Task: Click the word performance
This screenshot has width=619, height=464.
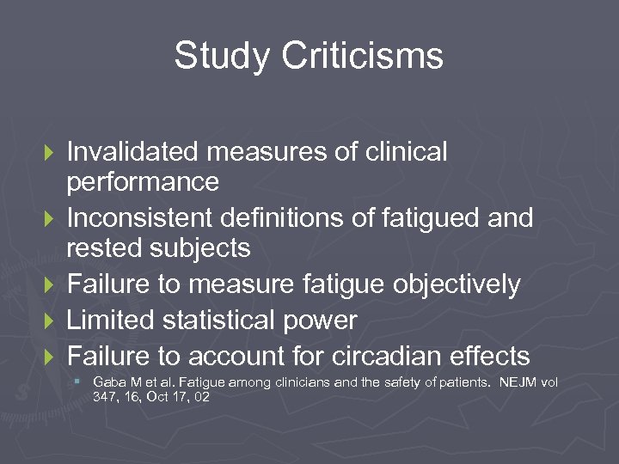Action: (143, 183)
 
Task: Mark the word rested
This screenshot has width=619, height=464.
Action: (106, 249)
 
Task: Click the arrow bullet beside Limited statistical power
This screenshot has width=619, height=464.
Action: (49, 321)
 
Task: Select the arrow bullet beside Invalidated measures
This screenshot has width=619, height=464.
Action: (49, 153)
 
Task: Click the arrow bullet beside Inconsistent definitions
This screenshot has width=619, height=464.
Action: (49, 219)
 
